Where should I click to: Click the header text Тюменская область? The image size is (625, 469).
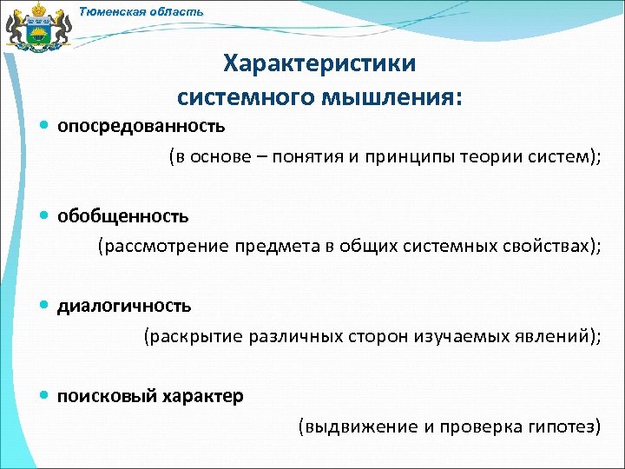click(x=141, y=11)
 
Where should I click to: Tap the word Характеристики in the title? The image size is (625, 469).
click(x=319, y=64)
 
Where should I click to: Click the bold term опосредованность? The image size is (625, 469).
click(x=141, y=126)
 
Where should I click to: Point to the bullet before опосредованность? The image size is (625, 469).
click(x=45, y=126)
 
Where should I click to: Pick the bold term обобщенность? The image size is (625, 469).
click(x=122, y=215)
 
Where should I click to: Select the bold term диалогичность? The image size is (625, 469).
click(x=124, y=306)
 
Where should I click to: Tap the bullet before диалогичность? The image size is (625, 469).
click(x=45, y=306)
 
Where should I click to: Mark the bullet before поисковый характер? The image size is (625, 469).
click(x=45, y=396)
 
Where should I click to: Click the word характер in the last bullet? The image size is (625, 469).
click(x=201, y=396)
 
